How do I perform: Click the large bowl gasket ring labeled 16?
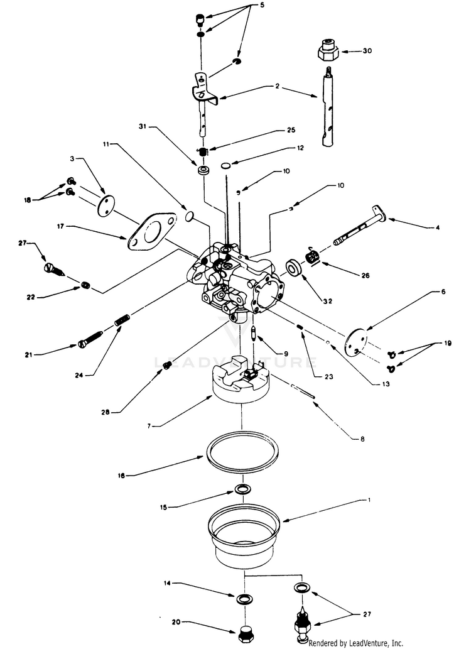coord(242,450)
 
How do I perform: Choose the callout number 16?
coord(121,475)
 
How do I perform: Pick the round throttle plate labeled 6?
coord(355,339)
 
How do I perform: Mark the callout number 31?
coord(142,127)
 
